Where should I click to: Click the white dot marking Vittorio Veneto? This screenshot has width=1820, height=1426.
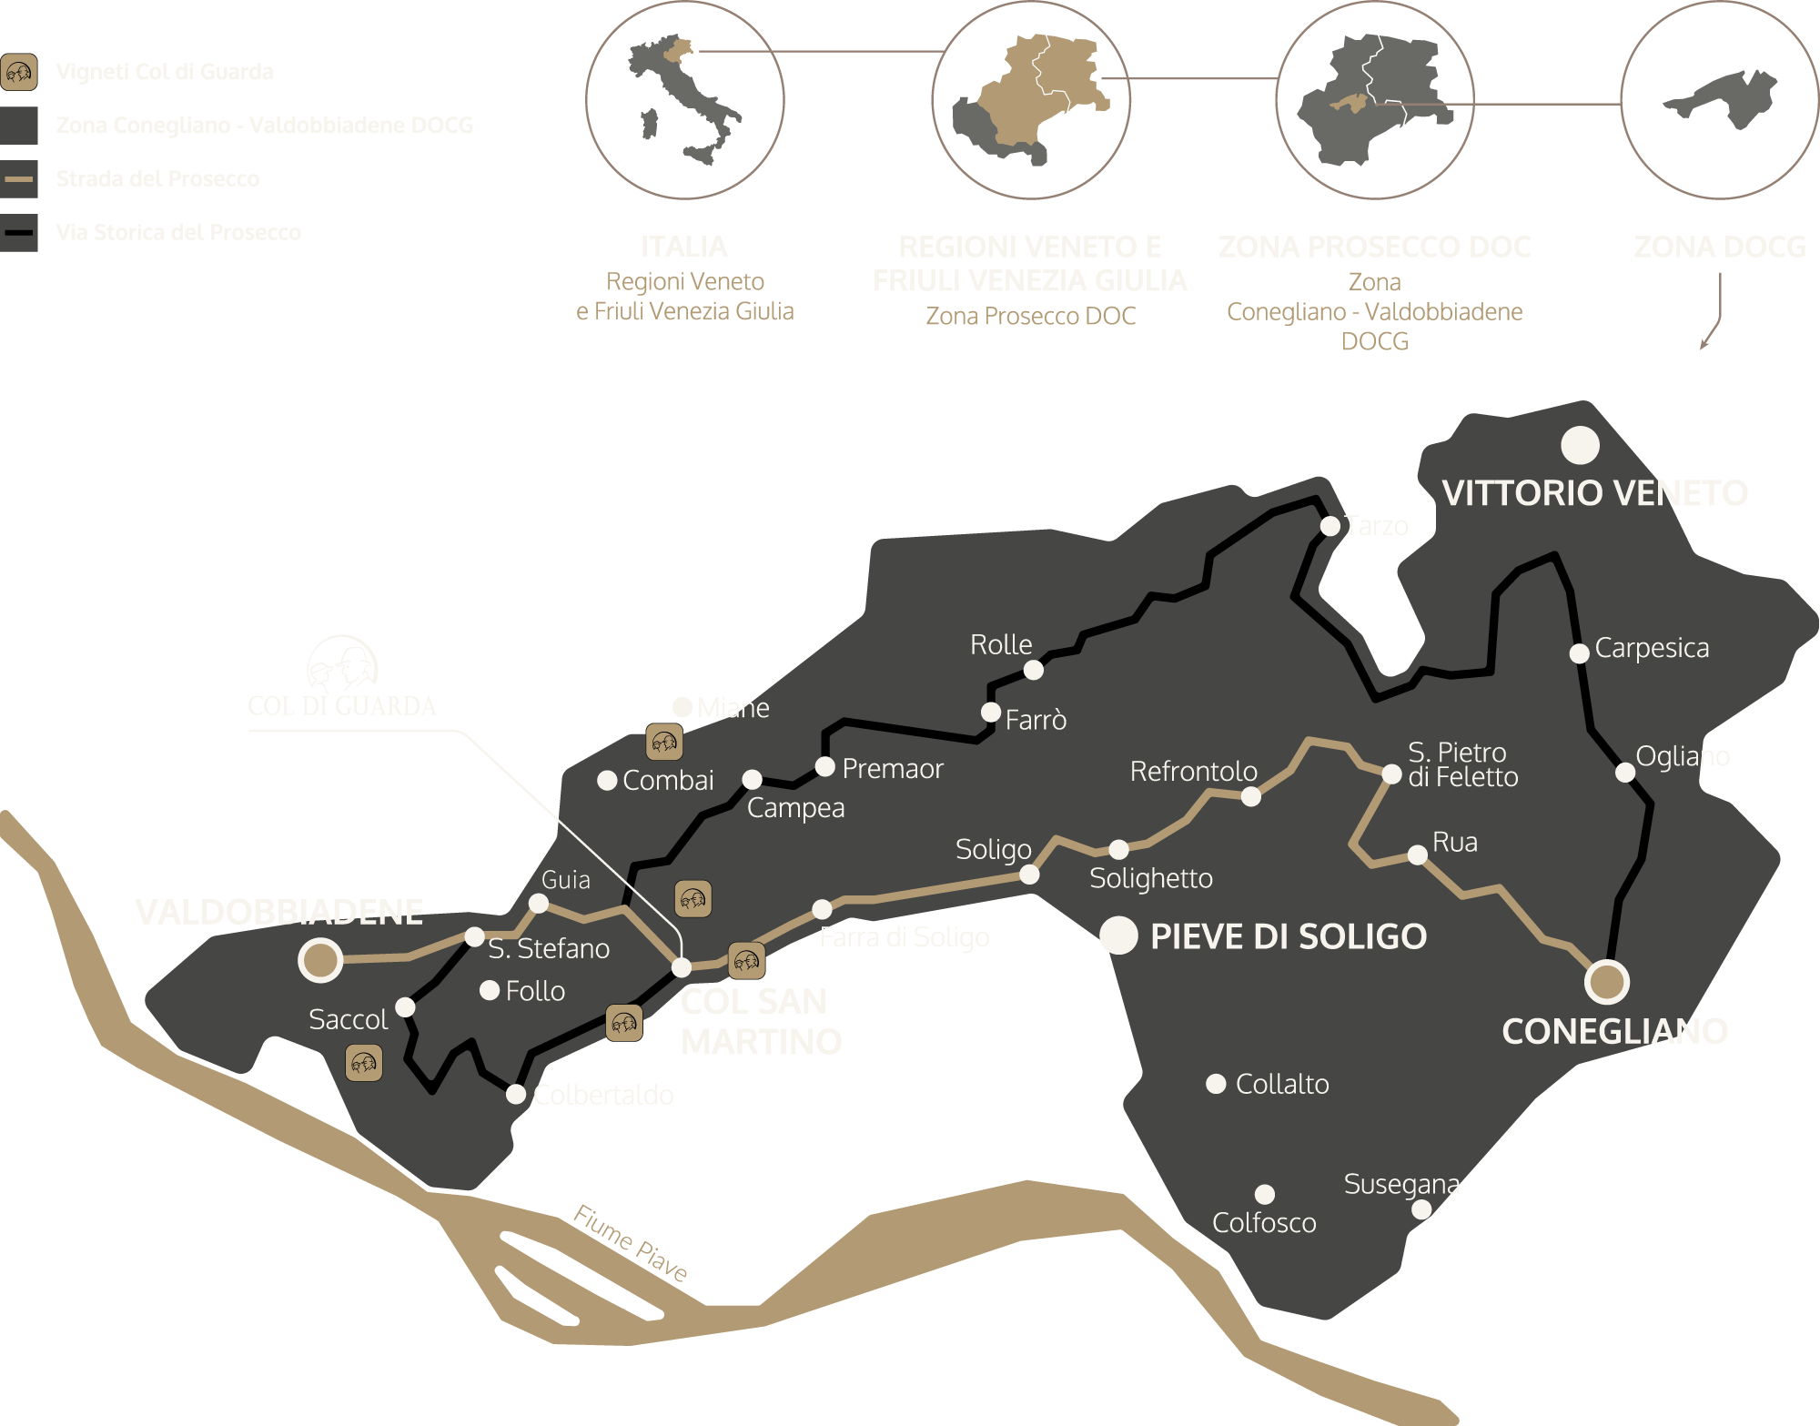[1580, 445]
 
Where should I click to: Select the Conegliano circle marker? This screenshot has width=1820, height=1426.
[1606, 982]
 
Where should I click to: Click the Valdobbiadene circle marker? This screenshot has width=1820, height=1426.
[320, 960]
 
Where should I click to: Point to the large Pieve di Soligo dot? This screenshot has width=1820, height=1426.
[1118, 935]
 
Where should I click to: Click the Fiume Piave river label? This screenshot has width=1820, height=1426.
[630, 1242]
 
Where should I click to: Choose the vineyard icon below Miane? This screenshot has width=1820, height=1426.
[664, 743]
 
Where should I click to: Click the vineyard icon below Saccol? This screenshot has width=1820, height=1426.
[364, 1063]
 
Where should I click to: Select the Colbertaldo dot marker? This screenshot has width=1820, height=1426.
[516, 1094]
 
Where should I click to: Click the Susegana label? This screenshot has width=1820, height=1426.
[1401, 1184]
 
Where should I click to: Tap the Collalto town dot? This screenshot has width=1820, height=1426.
[1216, 1084]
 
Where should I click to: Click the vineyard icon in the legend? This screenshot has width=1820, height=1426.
[19, 72]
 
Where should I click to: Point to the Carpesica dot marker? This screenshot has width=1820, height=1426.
[1580, 652]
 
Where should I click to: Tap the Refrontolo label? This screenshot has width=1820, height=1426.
[1193, 772]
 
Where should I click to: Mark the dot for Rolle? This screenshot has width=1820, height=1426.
[1033, 670]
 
